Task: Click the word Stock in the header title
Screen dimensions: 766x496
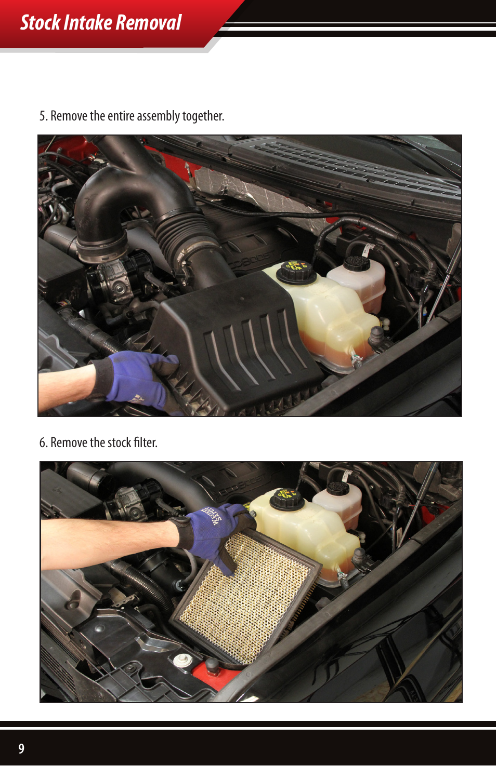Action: (41, 23)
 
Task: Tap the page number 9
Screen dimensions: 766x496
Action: (21, 748)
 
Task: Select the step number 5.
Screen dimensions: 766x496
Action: (43, 116)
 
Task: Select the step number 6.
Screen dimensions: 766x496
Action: (43, 442)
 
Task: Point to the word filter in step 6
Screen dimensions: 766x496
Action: (145, 442)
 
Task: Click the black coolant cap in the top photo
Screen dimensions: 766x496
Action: (296, 271)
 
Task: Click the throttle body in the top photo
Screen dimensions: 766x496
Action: (117, 280)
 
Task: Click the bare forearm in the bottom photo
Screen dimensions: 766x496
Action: (104, 543)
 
